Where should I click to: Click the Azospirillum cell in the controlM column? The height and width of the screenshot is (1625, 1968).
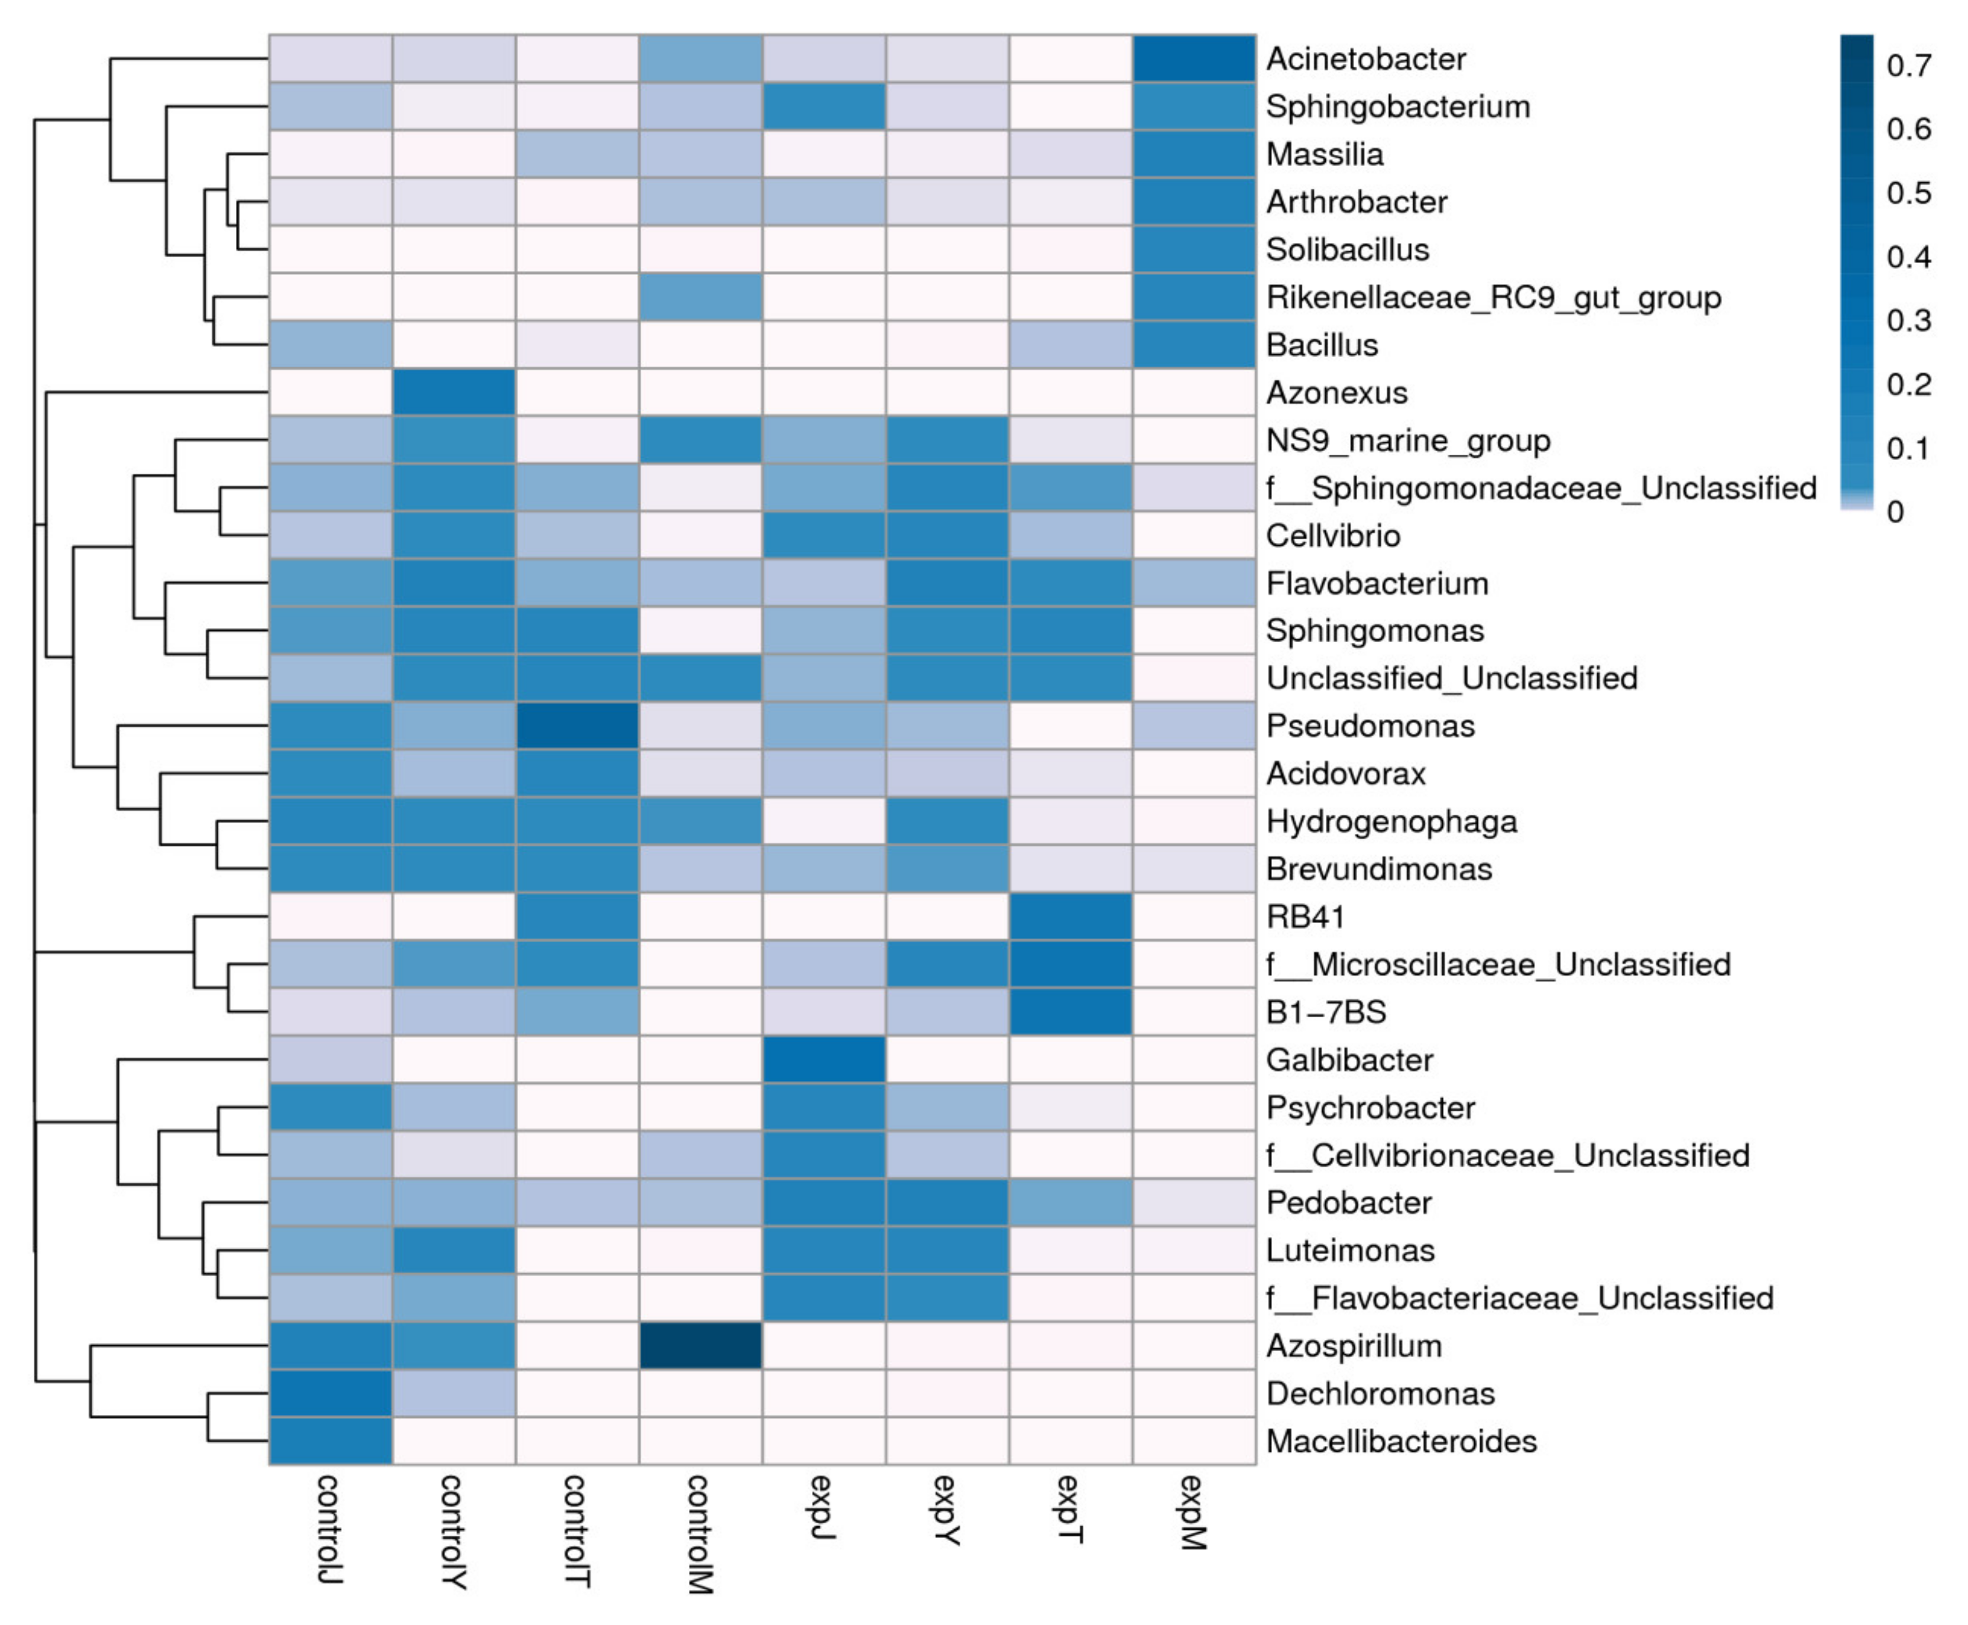pyautogui.click(x=700, y=1345)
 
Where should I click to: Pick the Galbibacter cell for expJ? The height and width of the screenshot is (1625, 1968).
pyautogui.click(x=824, y=1060)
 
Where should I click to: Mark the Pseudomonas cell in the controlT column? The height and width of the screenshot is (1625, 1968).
pyautogui.click(x=577, y=726)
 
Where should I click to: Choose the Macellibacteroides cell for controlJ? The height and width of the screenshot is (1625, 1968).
pyautogui.click(x=331, y=1441)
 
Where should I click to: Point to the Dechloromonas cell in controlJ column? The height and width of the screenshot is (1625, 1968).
pyautogui.click(x=331, y=1393)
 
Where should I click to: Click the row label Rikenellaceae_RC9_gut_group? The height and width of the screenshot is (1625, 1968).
pyautogui.click(x=1493, y=297)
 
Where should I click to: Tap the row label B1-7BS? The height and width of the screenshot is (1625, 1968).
pyautogui.click(x=1325, y=1012)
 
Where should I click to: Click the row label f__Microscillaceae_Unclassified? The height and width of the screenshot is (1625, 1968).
pyautogui.click(x=1497, y=964)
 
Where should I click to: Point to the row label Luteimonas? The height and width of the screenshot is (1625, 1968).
pyautogui.click(x=1349, y=1249)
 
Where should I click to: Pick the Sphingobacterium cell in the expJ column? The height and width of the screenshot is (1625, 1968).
pyautogui.click(x=824, y=106)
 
